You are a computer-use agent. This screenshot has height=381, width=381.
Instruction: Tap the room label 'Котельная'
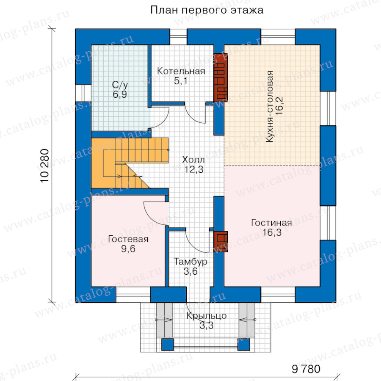(181, 71)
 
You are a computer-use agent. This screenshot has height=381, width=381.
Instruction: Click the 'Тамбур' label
(190, 262)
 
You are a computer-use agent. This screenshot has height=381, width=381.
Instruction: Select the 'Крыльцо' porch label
(206, 316)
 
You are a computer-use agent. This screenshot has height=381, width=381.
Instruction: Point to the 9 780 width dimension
(306, 369)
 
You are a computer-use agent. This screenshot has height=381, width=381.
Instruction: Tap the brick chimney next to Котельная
(220, 76)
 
